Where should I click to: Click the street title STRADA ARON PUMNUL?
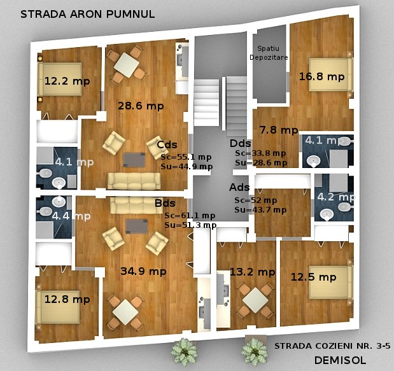tap(87, 14)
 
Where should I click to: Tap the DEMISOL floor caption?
tap(340, 360)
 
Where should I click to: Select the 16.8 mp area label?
tap(321, 76)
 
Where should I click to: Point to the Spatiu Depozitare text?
tap(269, 53)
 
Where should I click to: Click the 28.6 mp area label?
tap(141, 106)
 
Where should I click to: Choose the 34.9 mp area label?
tap(143, 271)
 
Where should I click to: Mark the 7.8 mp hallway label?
tap(279, 130)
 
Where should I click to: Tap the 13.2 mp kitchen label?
tap(253, 272)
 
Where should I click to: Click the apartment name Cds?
tap(167, 144)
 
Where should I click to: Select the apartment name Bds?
tap(165, 203)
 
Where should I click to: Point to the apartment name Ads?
tap(239, 187)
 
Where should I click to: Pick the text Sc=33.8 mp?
tap(260, 153)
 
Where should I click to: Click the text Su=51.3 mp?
tap(190, 225)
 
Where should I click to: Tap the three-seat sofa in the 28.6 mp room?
tap(134, 181)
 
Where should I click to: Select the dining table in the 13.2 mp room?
tap(255, 300)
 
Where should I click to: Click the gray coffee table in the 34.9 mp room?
tap(136, 226)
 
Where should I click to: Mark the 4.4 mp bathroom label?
tap(71, 216)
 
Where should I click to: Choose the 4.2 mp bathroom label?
tap(336, 197)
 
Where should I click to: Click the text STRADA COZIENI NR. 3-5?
tap(332, 346)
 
